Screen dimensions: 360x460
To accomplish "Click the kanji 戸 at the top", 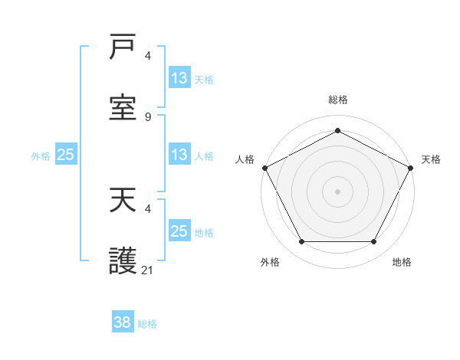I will [123, 48].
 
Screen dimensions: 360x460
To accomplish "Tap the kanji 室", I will [123, 107].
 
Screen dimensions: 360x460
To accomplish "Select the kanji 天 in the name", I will [123, 201].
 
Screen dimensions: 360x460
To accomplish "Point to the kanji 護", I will [123, 261].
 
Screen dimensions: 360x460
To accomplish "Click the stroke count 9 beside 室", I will [148, 116].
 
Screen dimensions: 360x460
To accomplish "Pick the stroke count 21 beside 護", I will [148, 270].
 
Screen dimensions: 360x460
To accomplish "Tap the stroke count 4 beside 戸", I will [148, 56].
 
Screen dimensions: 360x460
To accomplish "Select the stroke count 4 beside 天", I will [148, 208].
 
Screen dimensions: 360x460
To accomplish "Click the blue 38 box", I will [123, 322].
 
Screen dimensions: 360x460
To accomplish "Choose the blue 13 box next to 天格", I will [179, 78].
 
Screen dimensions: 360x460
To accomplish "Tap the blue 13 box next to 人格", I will [179, 155].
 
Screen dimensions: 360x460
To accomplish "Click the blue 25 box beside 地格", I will [179, 231].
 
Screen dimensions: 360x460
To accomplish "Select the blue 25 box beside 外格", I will [66, 155].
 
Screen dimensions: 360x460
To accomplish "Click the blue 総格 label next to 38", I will [147, 324].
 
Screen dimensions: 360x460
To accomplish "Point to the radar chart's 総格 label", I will [338, 100].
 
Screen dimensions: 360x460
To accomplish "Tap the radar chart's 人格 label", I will [245, 159].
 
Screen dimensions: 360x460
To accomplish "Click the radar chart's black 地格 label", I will [402, 262].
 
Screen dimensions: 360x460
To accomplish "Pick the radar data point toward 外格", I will [301, 242].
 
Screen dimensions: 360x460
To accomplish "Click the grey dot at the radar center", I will [338, 191].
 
